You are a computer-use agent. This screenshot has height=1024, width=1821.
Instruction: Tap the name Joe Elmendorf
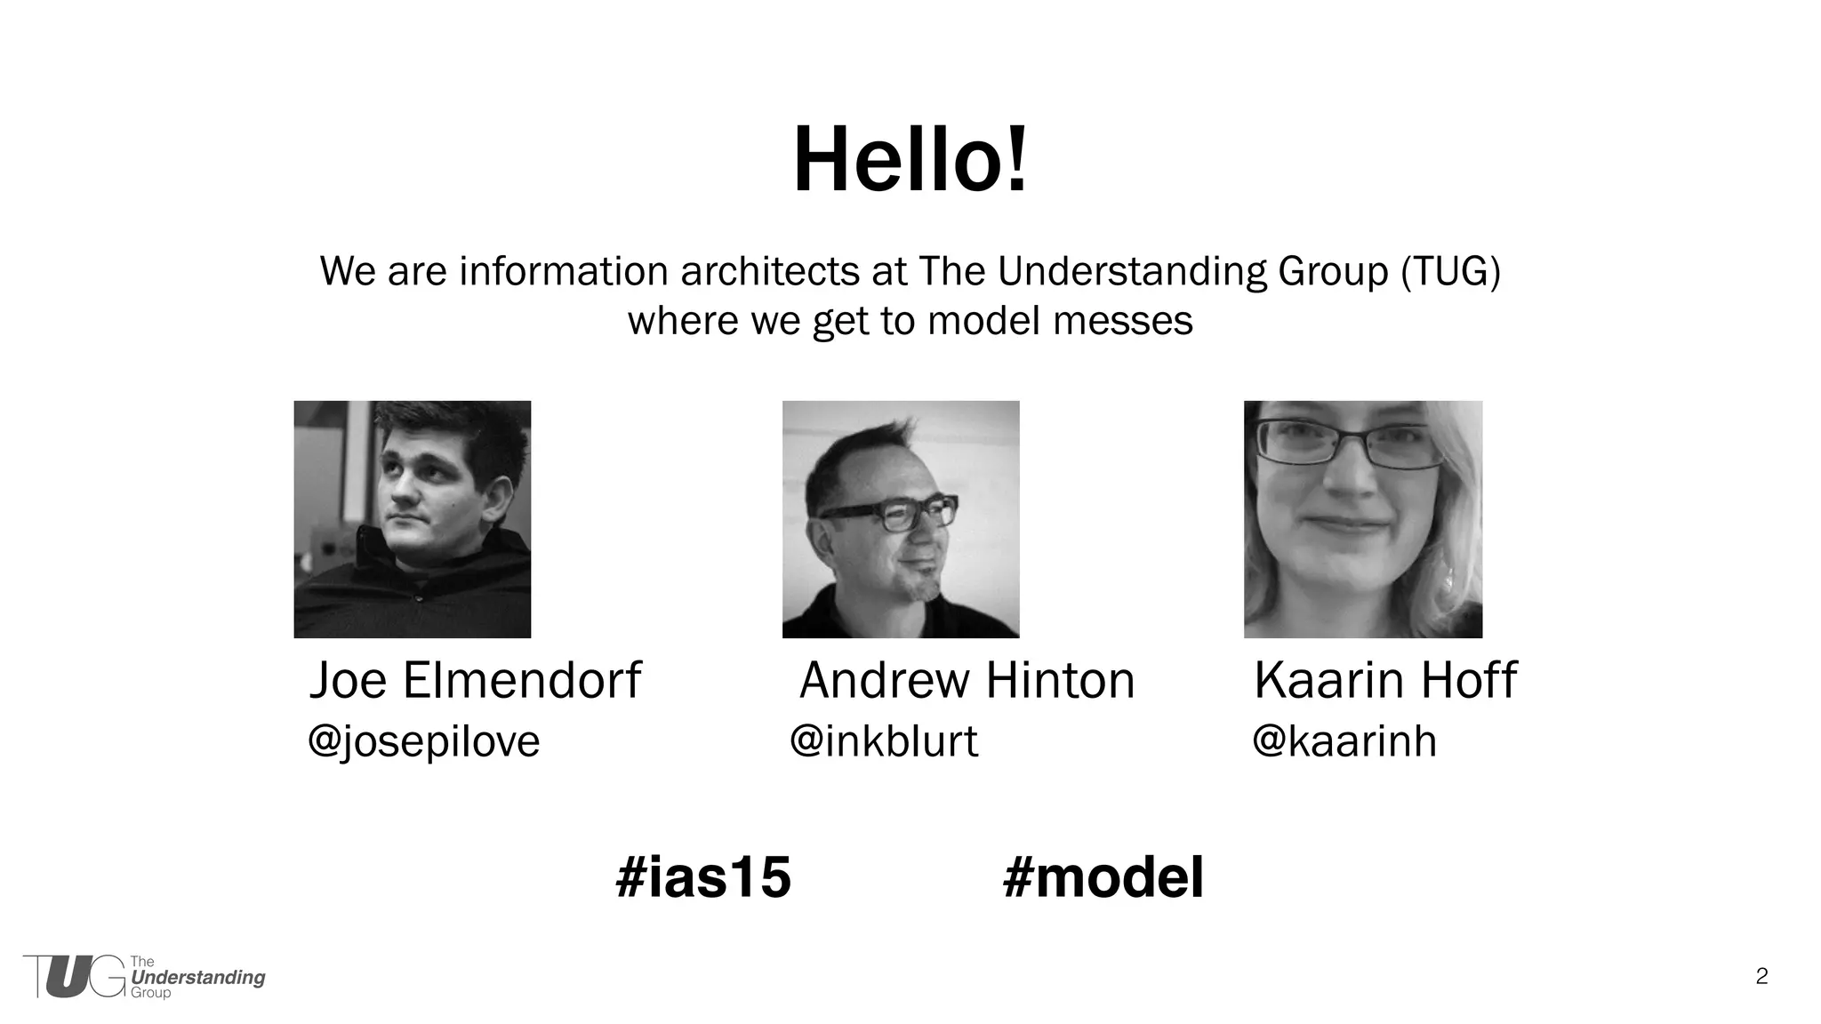[475, 681]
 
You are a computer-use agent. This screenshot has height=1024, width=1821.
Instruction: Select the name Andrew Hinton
[967, 681]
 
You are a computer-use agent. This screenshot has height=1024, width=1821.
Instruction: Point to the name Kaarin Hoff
[1385, 681]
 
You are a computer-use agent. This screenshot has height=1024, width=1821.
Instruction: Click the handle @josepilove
[424, 741]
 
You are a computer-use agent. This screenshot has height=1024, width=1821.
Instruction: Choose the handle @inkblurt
[884, 741]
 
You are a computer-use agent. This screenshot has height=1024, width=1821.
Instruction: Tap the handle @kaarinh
[1344, 741]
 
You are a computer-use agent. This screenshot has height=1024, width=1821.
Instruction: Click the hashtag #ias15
[703, 877]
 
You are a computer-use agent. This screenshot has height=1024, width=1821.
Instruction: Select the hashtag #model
[1103, 877]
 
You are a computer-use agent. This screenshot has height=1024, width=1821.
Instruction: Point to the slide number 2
[1761, 977]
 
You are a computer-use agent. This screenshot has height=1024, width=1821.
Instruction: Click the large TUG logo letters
[75, 977]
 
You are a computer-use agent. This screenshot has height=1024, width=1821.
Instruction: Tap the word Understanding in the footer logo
[198, 978]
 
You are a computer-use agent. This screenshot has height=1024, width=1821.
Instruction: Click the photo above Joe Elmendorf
[413, 519]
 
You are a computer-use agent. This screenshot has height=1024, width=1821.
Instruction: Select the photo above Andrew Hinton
[901, 519]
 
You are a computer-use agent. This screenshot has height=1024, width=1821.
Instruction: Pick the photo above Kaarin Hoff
[1363, 519]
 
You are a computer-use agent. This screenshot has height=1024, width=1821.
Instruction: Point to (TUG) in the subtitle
[1450, 271]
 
